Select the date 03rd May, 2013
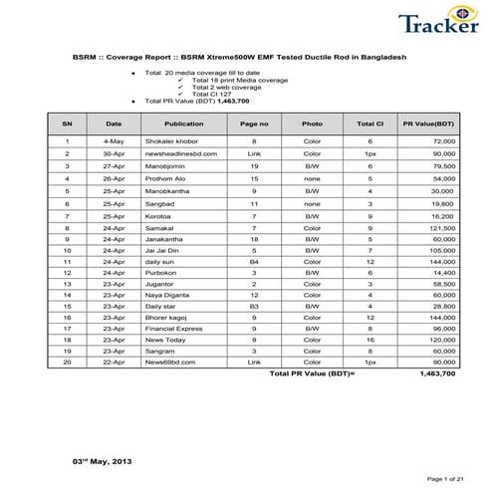tap(101, 462)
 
